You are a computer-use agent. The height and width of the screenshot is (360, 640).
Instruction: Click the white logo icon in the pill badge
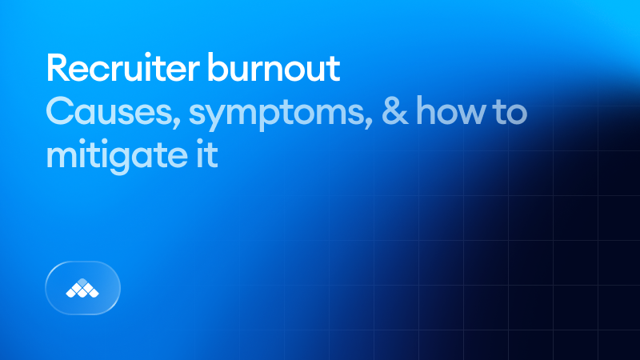[83, 288]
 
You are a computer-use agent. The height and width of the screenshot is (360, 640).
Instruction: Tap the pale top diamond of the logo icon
[83, 282]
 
